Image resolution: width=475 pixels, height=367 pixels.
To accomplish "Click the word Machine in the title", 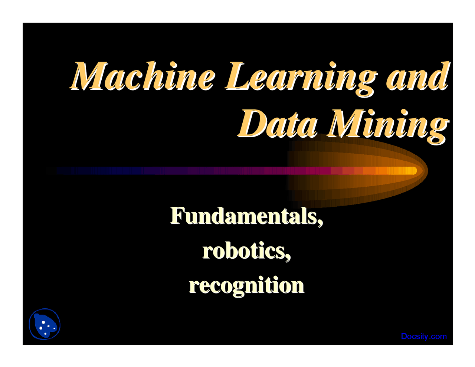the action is click(142, 76).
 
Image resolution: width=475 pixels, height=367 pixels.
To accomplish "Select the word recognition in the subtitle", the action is click(246, 286).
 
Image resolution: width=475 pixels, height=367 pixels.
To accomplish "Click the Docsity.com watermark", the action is click(424, 336).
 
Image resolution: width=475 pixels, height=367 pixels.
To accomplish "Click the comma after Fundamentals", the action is click(320, 223).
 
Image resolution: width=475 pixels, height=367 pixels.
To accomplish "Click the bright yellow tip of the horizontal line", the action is click(414, 170).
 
